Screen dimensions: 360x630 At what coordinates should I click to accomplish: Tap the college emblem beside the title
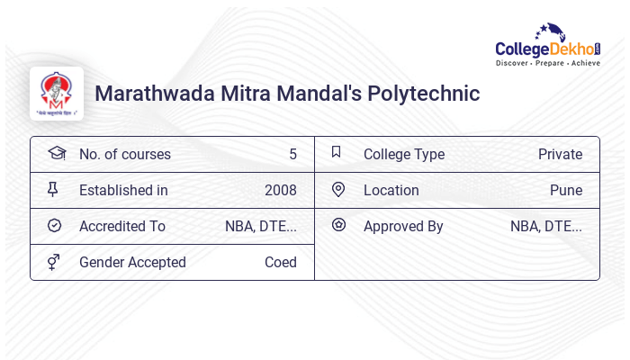pyautogui.click(x=57, y=93)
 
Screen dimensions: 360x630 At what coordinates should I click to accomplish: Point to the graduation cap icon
pyautogui.click(x=56, y=153)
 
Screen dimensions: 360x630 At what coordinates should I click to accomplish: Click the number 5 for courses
pyautogui.click(x=292, y=154)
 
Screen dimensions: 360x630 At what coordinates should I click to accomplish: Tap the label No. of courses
pyautogui.click(x=124, y=154)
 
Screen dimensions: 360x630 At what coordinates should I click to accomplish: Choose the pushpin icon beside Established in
pyautogui.click(x=53, y=189)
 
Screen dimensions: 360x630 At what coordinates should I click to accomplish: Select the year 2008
pyautogui.click(x=280, y=190)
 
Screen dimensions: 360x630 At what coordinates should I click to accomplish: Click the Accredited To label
pyautogui.click(x=122, y=226)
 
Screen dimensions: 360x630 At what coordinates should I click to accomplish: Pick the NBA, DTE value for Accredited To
pyautogui.click(x=260, y=226)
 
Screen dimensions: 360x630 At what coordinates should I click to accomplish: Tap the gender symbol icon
pyautogui.click(x=54, y=262)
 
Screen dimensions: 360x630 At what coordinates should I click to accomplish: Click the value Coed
pyautogui.click(x=280, y=262)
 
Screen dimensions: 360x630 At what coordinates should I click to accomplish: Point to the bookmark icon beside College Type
pyautogui.click(x=337, y=152)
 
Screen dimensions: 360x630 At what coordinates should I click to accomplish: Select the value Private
pyautogui.click(x=560, y=154)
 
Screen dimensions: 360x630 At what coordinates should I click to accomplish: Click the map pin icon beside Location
pyautogui.click(x=338, y=189)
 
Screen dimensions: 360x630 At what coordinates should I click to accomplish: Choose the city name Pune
pyautogui.click(x=566, y=190)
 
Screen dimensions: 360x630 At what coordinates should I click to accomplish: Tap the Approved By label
pyautogui.click(x=403, y=226)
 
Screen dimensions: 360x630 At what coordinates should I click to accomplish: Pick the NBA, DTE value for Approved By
pyautogui.click(x=545, y=226)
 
